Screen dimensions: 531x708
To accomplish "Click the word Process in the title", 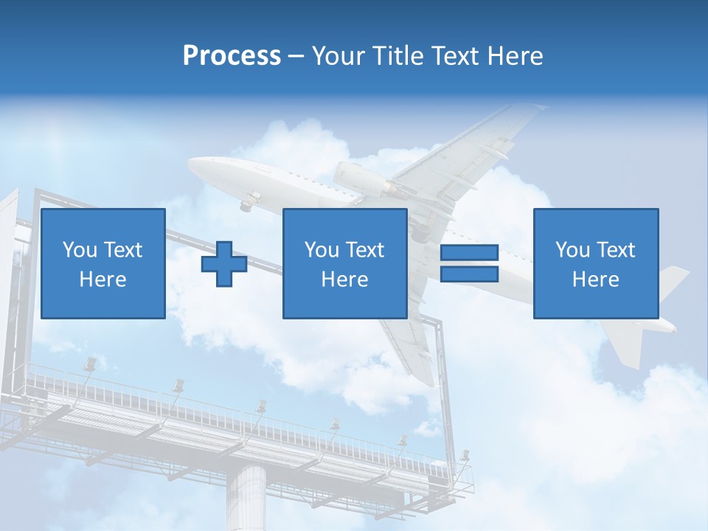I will pyautogui.click(x=232, y=56).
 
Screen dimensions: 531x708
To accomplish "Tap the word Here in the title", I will pyautogui.click(x=515, y=56).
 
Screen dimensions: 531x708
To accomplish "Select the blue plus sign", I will pyautogui.click(x=224, y=263).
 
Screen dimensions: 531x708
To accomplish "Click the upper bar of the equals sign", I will pyautogui.click(x=469, y=253).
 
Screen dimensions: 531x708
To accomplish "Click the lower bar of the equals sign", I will pyautogui.click(x=469, y=274).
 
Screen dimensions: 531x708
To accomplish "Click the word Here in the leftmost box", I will pyautogui.click(x=103, y=280).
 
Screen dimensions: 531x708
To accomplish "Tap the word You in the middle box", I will pyautogui.click(x=322, y=250).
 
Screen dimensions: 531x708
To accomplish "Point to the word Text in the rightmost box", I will pyautogui.click(x=617, y=250).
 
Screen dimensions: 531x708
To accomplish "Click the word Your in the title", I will pyautogui.click(x=339, y=56).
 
